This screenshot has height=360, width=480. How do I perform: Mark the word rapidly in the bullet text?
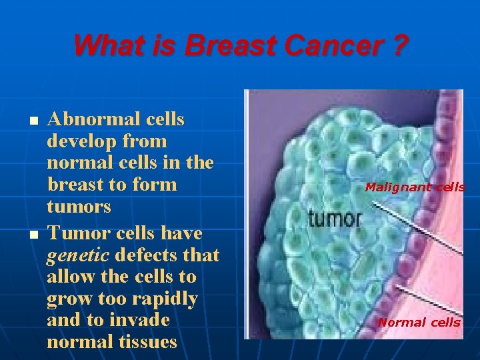pyautogui.click(x=166, y=299)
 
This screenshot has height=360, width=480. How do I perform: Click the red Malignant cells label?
pyautogui.click(x=415, y=187)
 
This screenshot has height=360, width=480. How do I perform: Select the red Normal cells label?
pyautogui.click(x=419, y=323)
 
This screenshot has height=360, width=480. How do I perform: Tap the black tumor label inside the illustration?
pyautogui.click(x=335, y=218)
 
